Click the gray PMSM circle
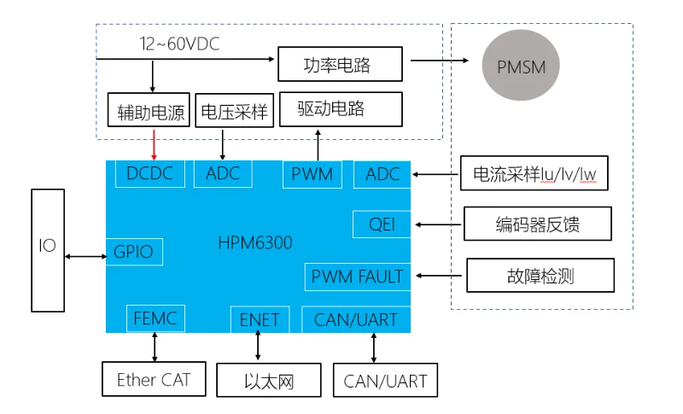pyautogui.click(x=522, y=67)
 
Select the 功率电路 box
pyautogui.click(x=338, y=64)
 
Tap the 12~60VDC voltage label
pyautogui.click(x=179, y=44)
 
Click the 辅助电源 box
pyautogui.click(x=152, y=111)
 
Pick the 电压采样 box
pyautogui.click(x=234, y=111)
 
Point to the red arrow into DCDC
pyautogui.click(x=154, y=144)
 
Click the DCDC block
pyautogui.click(x=149, y=174)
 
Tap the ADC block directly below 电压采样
pyautogui.click(x=223, y=174)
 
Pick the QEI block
pyautogui.click(x=382, y=224)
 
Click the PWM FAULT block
pyautogui.click(x=357, y=276)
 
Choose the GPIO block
pyautogui.click(x=134, y=252)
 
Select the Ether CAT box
pyautogui.click(x=154, y=380)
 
